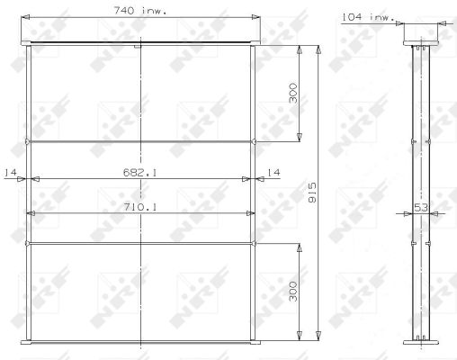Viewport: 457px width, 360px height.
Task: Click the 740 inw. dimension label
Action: (140, 11)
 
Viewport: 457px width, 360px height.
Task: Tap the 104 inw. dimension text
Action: (368, 17)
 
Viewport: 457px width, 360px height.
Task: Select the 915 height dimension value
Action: (312, 193)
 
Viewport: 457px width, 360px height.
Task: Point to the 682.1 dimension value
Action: (140, 172)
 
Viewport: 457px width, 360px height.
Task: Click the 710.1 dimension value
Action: (140, 207)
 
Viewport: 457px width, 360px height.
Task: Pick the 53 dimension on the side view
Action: (421, 207)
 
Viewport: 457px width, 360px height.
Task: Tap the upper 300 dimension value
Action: (293, 93)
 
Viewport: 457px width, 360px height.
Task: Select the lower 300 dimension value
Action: (293, 292)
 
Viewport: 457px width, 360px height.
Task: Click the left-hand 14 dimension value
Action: (10, 172)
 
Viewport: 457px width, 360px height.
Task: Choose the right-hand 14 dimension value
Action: (273, 172)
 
